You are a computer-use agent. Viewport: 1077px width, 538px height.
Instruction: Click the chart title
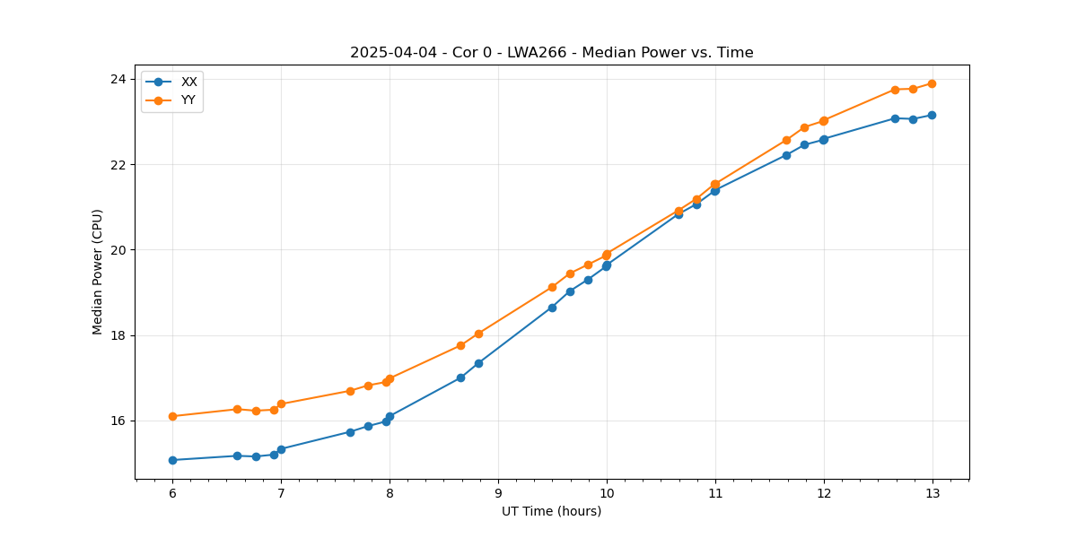(551, 53)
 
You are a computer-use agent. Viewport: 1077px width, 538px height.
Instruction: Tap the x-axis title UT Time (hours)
(551, 511)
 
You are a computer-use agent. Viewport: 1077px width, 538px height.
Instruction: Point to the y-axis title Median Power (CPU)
(98, 272)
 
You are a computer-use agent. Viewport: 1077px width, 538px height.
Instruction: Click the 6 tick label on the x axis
(172, 492)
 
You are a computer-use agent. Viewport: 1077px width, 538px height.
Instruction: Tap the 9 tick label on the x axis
(498, 492)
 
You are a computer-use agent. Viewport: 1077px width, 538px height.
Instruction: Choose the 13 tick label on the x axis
(932, 492)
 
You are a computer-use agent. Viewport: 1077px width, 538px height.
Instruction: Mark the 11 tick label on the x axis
(715, 492)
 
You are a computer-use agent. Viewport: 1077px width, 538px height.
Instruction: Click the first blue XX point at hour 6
(172, 460)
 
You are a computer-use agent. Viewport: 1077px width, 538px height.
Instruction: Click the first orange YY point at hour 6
(172, 416)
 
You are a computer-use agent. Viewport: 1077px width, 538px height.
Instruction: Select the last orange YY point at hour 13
(932, 83)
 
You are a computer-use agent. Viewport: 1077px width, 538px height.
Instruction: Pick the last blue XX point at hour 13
(932, 115)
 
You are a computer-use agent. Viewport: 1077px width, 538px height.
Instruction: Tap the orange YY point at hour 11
(715, 184)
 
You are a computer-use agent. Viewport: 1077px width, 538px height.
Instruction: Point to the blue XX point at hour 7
(281, 449)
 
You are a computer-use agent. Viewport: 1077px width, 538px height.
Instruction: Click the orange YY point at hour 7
(281, 403)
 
